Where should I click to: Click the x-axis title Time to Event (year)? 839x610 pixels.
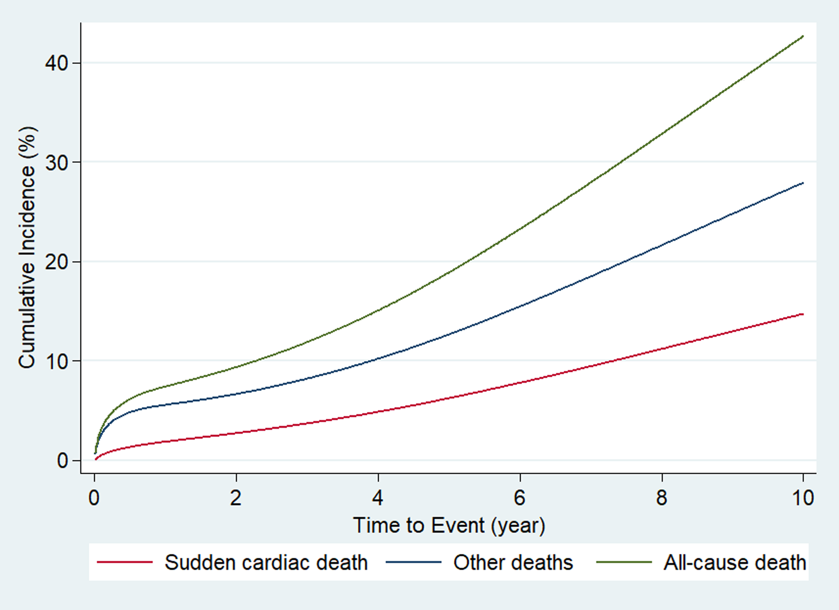[x=449, y=525]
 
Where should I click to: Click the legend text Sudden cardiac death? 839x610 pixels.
[x=266, y=563]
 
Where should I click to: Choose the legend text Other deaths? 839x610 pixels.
[x=513, y=563]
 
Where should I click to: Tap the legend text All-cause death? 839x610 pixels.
[x=735, y=563]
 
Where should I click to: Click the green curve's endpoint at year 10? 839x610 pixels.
[x=803, y=36]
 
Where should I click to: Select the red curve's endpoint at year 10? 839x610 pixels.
[x=803, y=314]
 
